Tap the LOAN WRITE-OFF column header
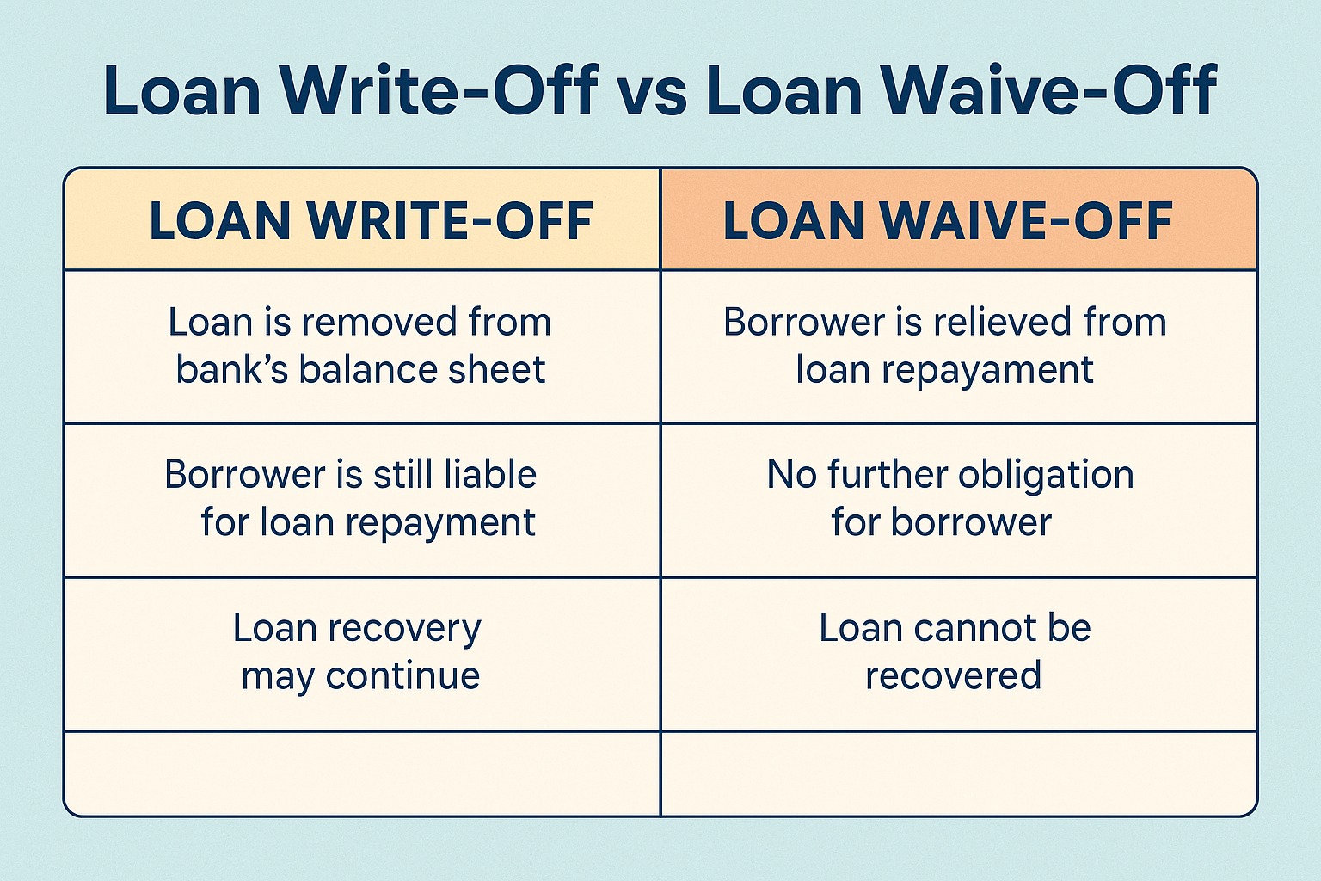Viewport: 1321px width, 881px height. [371, 220]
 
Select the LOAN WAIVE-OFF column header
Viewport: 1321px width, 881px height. [948, 220]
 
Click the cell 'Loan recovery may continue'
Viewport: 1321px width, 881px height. [361, 653]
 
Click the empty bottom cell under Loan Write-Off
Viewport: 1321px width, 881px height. [361, 773]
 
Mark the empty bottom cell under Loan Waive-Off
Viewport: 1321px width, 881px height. [958, 773]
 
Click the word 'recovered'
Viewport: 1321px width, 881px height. [953, 675]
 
